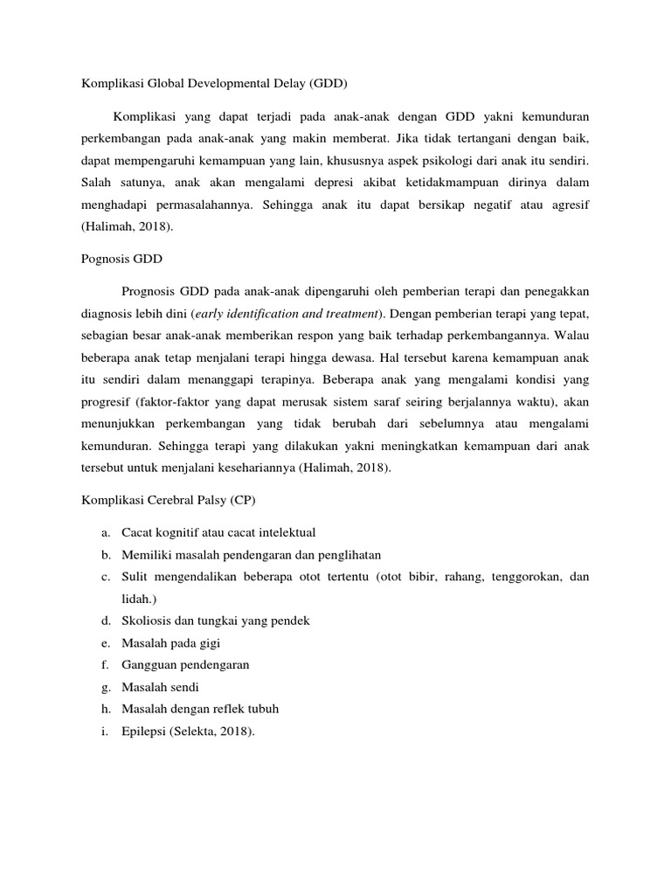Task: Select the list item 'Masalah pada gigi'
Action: tap(170, 642)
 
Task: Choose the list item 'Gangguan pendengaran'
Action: tap(185, 664)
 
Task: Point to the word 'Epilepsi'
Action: tap(142, 732)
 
